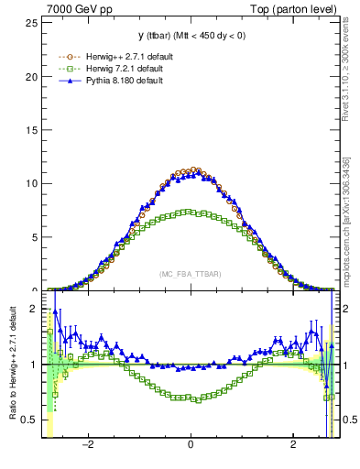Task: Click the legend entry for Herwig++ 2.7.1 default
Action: (123, 57)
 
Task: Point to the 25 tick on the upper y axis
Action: (33, 22)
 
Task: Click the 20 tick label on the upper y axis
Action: (33, 76)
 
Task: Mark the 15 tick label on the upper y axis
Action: (33, 129)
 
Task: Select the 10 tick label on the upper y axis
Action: (33, 183)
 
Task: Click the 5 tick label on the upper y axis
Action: (36, 236)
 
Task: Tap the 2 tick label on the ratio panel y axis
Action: (36, 310)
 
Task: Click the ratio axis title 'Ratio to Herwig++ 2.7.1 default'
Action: (12, 364)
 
